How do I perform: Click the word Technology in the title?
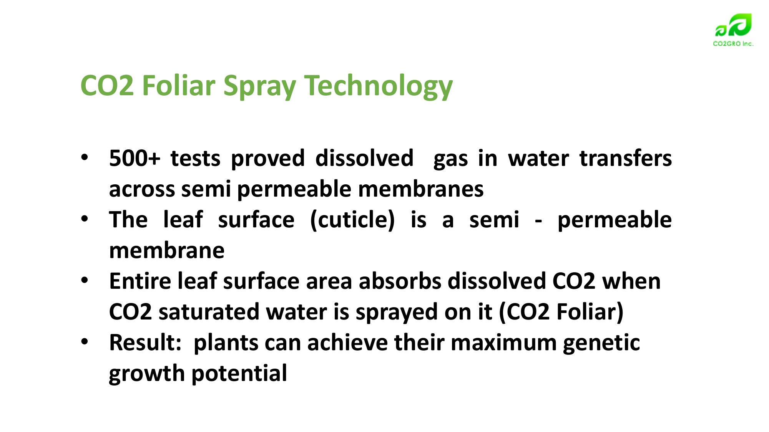[x=379, y=86]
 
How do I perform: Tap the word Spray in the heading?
[x=259, y=86]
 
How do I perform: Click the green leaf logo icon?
[x=733, y=25]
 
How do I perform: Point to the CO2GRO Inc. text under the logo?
[x=733, y=44]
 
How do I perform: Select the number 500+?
[x=135, y=158]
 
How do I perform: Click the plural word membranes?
[x=421, y=189]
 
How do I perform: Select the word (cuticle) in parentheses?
[x=352, y=220]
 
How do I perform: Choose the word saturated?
[x=209, y=312]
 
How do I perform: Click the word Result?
[x=145, y=343]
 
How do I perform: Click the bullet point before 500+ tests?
[x=85, y=157]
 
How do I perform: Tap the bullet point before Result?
[x=85, y=342]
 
